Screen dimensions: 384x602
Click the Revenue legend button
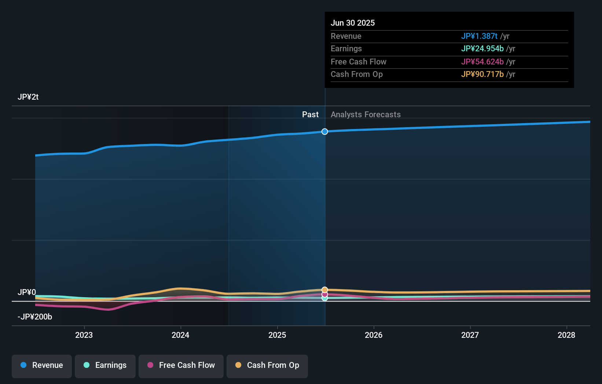pyautogui.click(x=42, y=365)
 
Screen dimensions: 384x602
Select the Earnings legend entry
pyautogui.click(x=105, y=365)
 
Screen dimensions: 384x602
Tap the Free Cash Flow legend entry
pyautogui.click(x=181, y=365)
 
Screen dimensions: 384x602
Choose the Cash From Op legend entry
pyautogui.click(x=267, y=365)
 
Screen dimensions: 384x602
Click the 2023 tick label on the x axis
pyautogui.click(x=84, y=335)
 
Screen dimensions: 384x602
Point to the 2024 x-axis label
pyautogui.click(x=180, y=335)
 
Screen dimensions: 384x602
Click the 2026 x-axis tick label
pyautogui.click(x=374, y=335)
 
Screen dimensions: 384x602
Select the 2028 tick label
pyautogui.click(x=566, y=335)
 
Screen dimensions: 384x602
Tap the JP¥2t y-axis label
pyautogui.click(x=28, y=97)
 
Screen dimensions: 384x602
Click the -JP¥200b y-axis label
pyautogui.click(x=35, y=317)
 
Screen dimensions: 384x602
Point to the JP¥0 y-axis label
pyautogui.click(x=27, y=292)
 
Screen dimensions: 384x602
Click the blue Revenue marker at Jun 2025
pyautogui.click(x=325, y=132)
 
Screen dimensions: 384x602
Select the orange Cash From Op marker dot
pyautogui.click(x=325, y=290)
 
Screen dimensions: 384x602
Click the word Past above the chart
pyautogui.click(x=310, y=115)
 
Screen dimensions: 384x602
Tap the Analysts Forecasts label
pyautogui.click(x=366, y=115)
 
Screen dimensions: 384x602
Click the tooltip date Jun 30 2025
pyautogui.click(x=353, y=23)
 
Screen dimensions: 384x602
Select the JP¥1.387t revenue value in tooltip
pyautogui.click(x=479, y=36)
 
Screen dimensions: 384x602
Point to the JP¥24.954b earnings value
pyautogui.click(x=482, y=49)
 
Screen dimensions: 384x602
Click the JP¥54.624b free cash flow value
pyautogui.click(x=482, y=62)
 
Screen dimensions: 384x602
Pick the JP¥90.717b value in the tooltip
pyautogui.click(x=482, y=74)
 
